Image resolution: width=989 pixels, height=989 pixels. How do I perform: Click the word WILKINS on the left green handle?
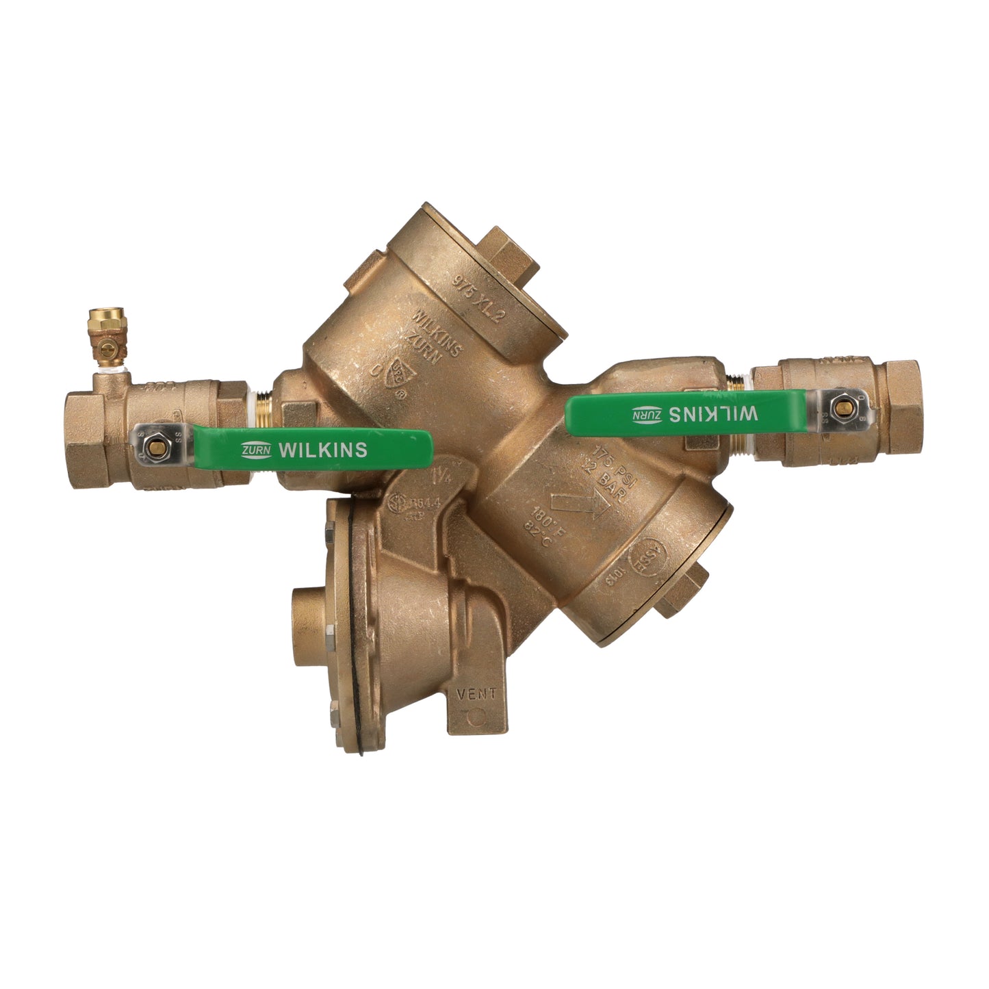(324, 450)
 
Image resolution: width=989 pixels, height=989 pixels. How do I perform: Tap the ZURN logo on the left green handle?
(257, 450)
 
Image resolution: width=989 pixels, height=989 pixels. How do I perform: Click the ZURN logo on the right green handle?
(647, 413)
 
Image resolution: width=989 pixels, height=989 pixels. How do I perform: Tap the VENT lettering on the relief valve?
(476, 693)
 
